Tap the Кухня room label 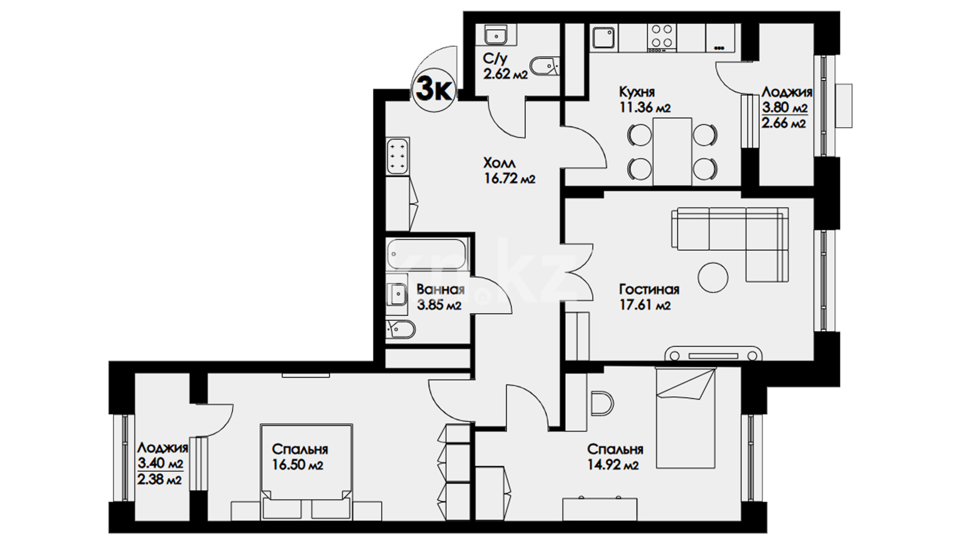[637, 92]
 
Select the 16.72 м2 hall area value [509, 178]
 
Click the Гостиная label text [649, 290]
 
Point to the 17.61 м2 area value [645, 305]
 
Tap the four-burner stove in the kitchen [662, 37]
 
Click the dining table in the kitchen [672, 151]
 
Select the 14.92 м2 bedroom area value [613, 465]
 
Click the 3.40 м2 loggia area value [160, 463]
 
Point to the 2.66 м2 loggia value [784, 123]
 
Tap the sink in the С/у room [496, 35]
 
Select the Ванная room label [440, 290]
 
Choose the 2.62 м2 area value [506, 75]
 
